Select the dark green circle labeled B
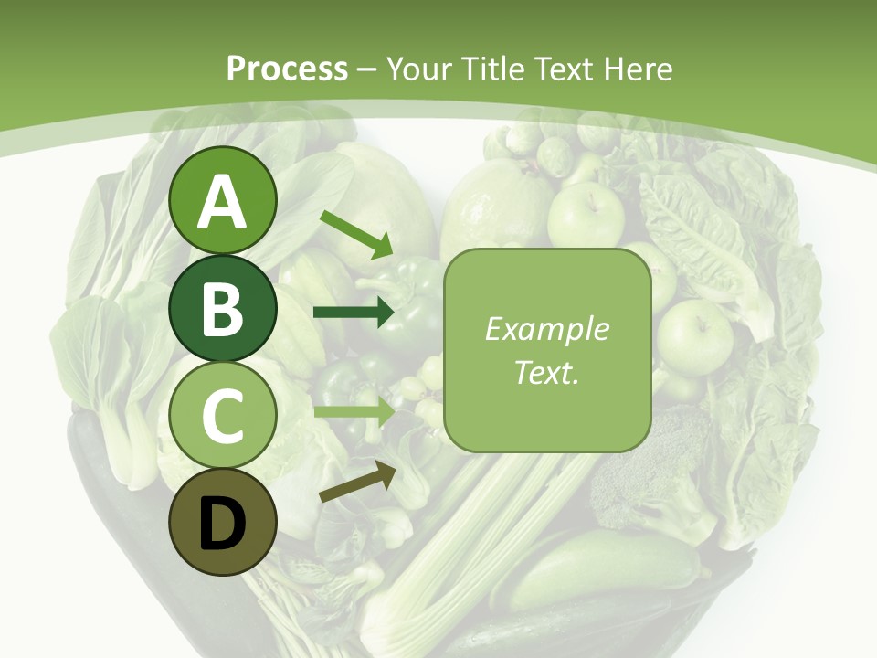223,308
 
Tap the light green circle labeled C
223,416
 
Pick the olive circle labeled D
223,523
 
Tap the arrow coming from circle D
357,482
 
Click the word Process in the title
287,69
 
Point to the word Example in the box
546,329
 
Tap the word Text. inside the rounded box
546,372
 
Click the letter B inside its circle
223,309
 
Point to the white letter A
223,202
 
